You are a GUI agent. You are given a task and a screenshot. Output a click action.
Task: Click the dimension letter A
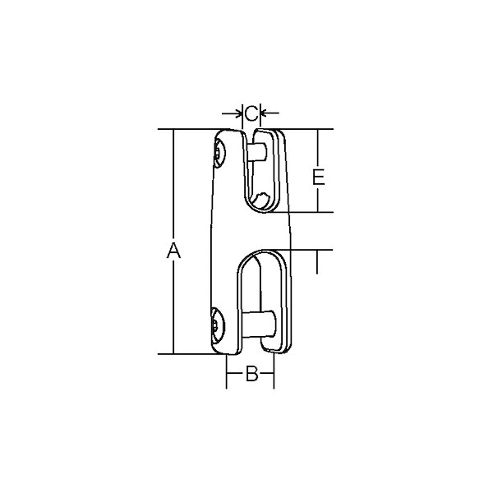173,251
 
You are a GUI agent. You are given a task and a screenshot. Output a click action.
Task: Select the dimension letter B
252,374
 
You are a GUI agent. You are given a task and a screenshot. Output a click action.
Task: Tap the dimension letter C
251,113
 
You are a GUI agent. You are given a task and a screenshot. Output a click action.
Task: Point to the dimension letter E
319,177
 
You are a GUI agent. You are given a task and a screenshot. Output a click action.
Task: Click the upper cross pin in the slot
257,152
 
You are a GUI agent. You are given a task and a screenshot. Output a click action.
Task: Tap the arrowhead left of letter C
238,113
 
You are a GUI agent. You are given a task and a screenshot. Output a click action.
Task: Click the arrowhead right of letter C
265,113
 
